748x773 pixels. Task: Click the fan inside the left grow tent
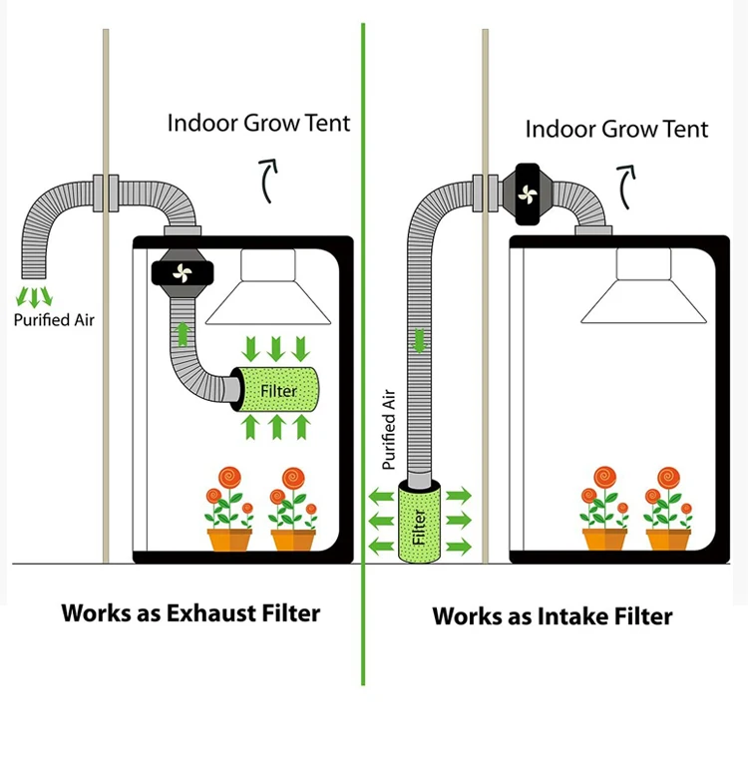pyautogui.click(x=181, y=273)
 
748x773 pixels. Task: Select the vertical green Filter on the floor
pyautogui.click(x=419, y=524)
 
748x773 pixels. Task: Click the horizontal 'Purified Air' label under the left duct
pyautogui.click(x=55, y=320)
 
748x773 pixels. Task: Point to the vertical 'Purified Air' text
pyautogui.click(x=390, y=430)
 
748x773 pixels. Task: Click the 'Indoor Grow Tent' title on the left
pyautogui.click(x=258, y=124)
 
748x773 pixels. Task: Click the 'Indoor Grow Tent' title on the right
pyautogui.click(x=616, y=129)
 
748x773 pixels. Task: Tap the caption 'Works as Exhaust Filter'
pyautogui.click(x=190, y=612)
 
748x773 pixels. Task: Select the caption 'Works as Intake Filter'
pyautogui.click(x=552, y=615)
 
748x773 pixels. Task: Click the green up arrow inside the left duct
pyautogui.click(x=183, y=332)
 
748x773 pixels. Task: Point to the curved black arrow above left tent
pyautogui.click(x=268, y=180)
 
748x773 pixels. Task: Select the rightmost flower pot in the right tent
pyautogui.click(x=668, y=538)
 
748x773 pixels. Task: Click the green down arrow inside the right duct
pyautogui.click(x=419, y=339)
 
